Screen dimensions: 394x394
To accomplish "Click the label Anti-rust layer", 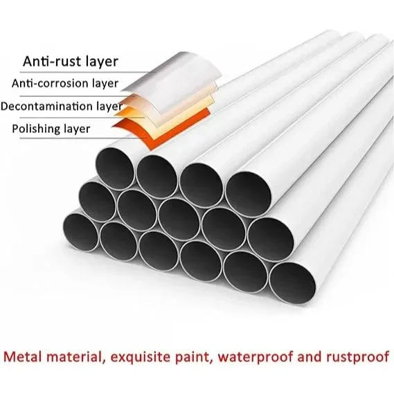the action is click(x=71, y=61).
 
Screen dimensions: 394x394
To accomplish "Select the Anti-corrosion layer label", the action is click(x=65, y=83).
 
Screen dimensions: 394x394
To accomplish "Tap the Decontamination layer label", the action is click(x=62, y=106).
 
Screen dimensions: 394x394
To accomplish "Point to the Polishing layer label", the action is click(x=51, y=129).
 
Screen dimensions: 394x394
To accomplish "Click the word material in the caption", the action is click(x=75, y=357).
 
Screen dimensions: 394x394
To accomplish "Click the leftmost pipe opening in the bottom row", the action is click(x=81, y=232).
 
